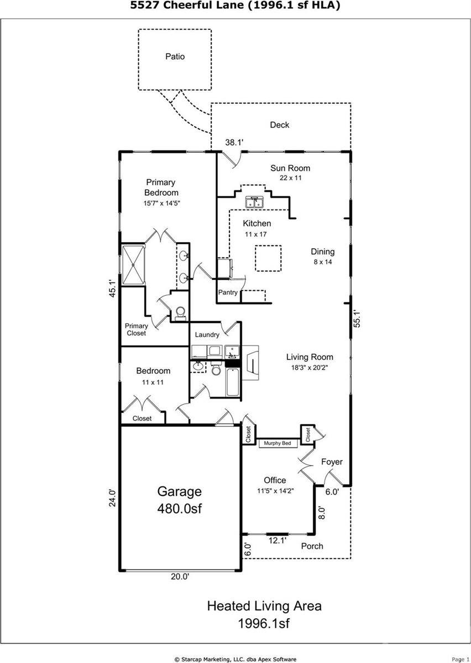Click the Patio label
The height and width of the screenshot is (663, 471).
(x=175, y=56)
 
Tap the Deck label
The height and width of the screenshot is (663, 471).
(x=279, y=125)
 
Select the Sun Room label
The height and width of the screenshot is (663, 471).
(x=290, y=168)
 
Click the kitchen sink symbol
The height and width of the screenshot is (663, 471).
(x=254, y=203)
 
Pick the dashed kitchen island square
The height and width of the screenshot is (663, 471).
(x=268, y=258)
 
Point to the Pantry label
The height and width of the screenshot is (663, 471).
(x=228, y=293)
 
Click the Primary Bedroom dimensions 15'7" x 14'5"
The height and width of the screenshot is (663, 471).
(x=161, y=203)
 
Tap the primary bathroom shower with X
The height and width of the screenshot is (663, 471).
(x=133, y=265)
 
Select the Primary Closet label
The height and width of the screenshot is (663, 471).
(x=136, y=330)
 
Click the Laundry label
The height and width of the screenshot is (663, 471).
(x=207, y=335)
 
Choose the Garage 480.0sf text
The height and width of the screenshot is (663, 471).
(x=180, y=500)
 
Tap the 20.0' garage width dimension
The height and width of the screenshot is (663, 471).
(x=180, y=576)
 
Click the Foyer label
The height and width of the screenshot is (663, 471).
(x=332, y=462)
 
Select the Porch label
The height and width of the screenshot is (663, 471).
(x=312, y=546)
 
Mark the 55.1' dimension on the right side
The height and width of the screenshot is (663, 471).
(x=357, y=320)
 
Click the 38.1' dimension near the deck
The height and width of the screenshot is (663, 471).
(x=234, y=143)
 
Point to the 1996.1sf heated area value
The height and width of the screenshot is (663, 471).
(x=264, y=624)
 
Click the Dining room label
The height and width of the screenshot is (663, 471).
(x=322, y=252)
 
